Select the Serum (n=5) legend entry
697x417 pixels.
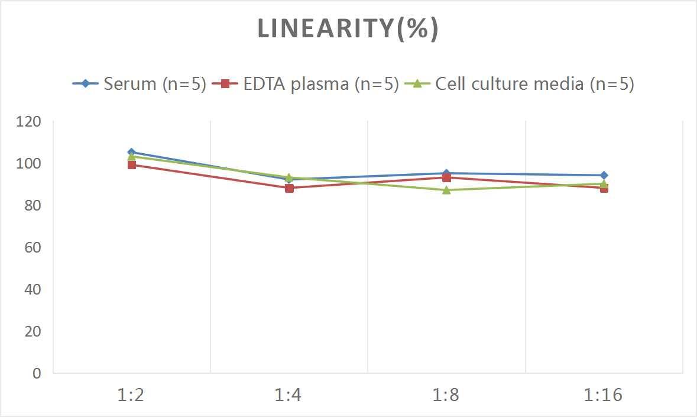point(140,84)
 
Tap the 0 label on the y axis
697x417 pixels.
point(37,373)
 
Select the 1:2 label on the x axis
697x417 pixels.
point(131,395)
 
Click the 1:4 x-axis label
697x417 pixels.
point(288,395)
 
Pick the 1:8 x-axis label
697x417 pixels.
point(446,395)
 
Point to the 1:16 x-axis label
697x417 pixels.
point(603,395)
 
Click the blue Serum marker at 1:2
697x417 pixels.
point(131,152)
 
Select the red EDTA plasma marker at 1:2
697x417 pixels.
point(131,165)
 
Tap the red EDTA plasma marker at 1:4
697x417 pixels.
point(289,188)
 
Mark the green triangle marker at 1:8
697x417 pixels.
point(446,190)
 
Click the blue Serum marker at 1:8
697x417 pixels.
point(446,173)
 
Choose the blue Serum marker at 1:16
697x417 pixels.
point(604,175)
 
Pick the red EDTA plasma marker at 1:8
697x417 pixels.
point(446,178)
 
